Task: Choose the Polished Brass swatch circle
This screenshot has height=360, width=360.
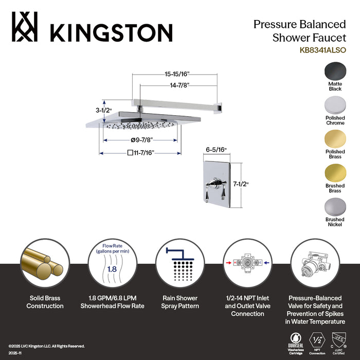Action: coord(335,139)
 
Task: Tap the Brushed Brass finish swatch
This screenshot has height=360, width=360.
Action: coord(335,174)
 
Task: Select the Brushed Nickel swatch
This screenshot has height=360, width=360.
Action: coord(335,208)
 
